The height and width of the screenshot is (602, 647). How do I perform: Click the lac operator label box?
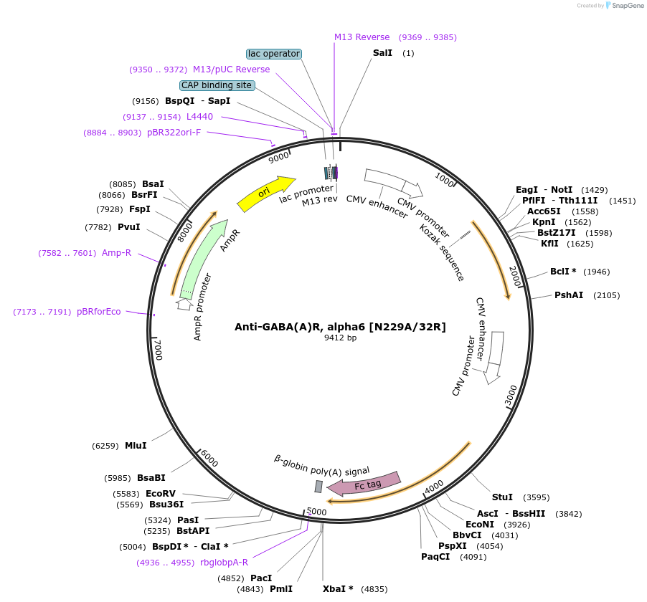click(x=273, y=54)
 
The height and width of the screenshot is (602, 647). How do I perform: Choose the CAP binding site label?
click(x=217, y=85)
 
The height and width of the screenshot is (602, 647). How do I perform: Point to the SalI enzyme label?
click(x=382, y=53)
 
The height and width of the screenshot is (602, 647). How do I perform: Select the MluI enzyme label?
click(x=136, y=446)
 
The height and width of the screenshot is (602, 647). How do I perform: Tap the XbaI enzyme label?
click(x=338, y=589)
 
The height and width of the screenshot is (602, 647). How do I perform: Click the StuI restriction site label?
click(x=502, y=497)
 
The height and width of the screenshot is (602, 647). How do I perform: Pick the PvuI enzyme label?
click(x=129, y=227)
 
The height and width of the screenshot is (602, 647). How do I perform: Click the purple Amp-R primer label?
click(x=117, y=253)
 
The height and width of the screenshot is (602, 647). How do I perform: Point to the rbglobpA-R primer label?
click(x=224, y=563)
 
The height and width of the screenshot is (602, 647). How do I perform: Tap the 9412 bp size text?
click(x=340, y=338)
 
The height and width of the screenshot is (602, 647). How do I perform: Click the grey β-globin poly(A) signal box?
click(x=318, y=487)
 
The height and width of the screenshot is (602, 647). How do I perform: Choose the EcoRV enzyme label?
click(x=160, y=494)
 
